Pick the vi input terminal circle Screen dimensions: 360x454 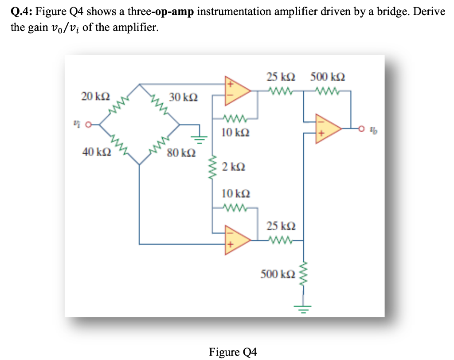pyautogui.click(x=89, y=125)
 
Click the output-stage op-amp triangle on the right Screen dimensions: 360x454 pyautogui.click(x=327, y=129)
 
